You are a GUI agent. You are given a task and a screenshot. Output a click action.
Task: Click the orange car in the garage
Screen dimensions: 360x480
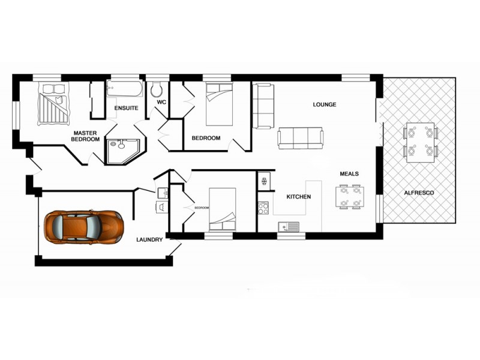[x=84, y=226]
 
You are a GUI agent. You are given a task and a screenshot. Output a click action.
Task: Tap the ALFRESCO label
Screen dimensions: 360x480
[x=419, y=193]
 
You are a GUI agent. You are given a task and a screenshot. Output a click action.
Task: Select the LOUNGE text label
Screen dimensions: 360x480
[x=325, y=104]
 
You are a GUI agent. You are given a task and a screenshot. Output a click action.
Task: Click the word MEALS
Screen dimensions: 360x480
[x=349, y=174]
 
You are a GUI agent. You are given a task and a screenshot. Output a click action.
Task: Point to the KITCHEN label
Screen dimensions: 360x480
[x=298, y=197]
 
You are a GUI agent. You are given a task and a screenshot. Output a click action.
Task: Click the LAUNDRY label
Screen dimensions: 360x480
[x=149, y=239]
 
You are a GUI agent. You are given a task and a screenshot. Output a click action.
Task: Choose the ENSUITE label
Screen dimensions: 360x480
[x=126, y=109]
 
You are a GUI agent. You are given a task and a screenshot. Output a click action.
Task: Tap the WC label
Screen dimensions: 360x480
[x=161, y=103]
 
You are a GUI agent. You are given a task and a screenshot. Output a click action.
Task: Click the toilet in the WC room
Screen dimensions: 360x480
[x=157, y=89]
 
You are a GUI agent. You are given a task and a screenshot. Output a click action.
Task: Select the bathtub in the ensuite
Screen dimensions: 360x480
[x=125, y=90]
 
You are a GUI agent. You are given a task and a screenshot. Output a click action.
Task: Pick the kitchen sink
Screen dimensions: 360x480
[x=289, y=227]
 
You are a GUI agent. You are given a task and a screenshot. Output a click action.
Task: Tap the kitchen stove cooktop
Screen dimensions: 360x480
[x=263, y=208]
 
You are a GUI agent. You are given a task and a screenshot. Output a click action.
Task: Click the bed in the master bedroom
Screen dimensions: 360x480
[x=53, y=103]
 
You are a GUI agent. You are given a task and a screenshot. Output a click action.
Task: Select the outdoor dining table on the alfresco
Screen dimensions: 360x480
[x=420, y=142]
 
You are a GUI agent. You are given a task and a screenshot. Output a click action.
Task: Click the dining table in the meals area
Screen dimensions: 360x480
[x=350, y=196]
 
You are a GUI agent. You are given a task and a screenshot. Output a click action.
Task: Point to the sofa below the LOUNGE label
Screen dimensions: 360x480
[x=300, y=138]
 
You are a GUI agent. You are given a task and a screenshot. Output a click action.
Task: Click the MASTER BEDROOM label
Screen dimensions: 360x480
[x=85, y=136]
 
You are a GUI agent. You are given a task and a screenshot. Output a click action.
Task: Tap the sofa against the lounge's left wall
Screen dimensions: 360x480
[x=263, y=106]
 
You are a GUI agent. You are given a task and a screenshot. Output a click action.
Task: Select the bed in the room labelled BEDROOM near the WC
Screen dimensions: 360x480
[x=219, y=103]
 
